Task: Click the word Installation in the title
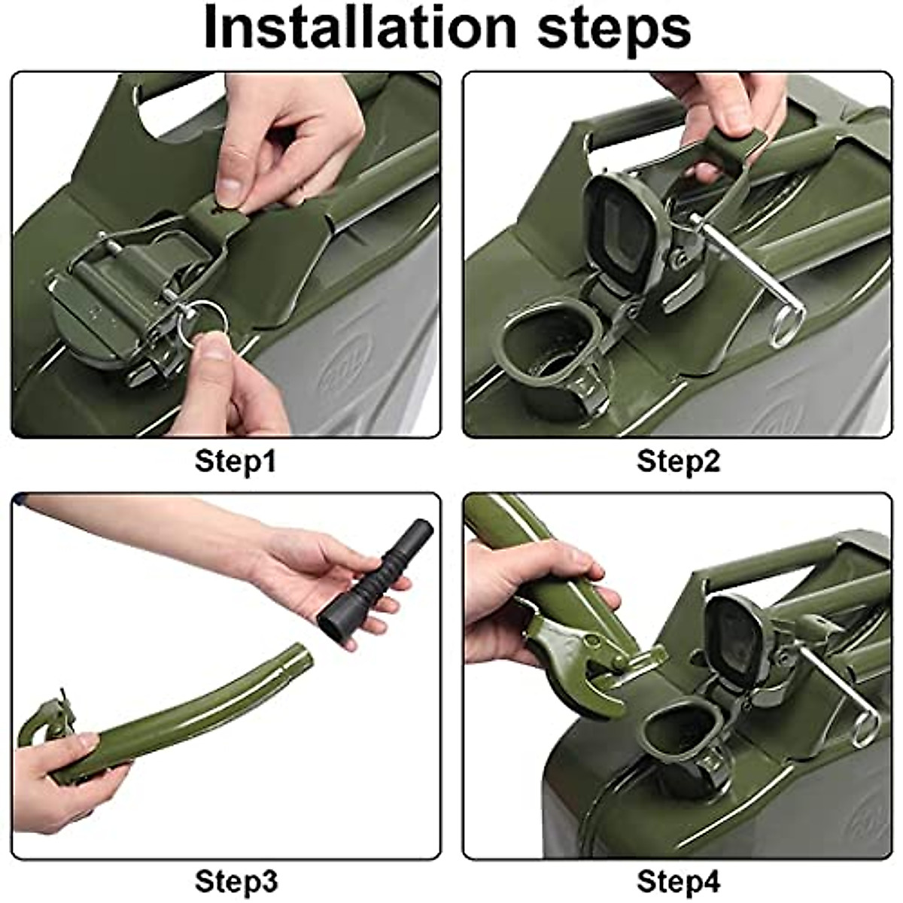pos(360,27)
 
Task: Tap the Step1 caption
pos(236,461)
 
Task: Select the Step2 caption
pos(678,461)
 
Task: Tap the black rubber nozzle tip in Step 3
pos(375,581)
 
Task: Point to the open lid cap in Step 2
pos(628,230)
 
